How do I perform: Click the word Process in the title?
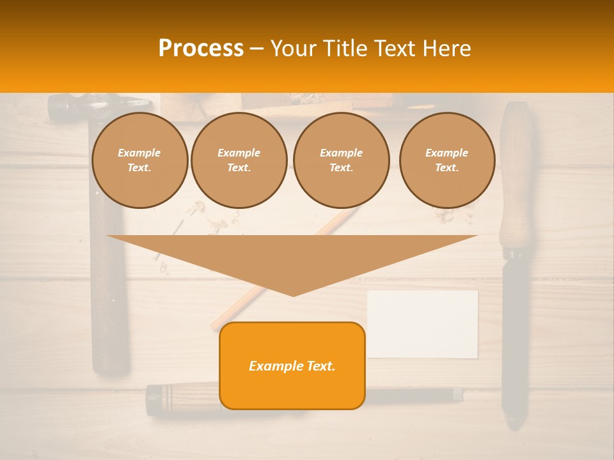tap(201, 49)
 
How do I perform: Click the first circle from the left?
tap(139, 160)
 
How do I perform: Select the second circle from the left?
tap(239, 160)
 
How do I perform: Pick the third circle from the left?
tap(341, 160)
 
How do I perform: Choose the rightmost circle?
tap(446, 160)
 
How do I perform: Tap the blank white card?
tap(423, 324)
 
